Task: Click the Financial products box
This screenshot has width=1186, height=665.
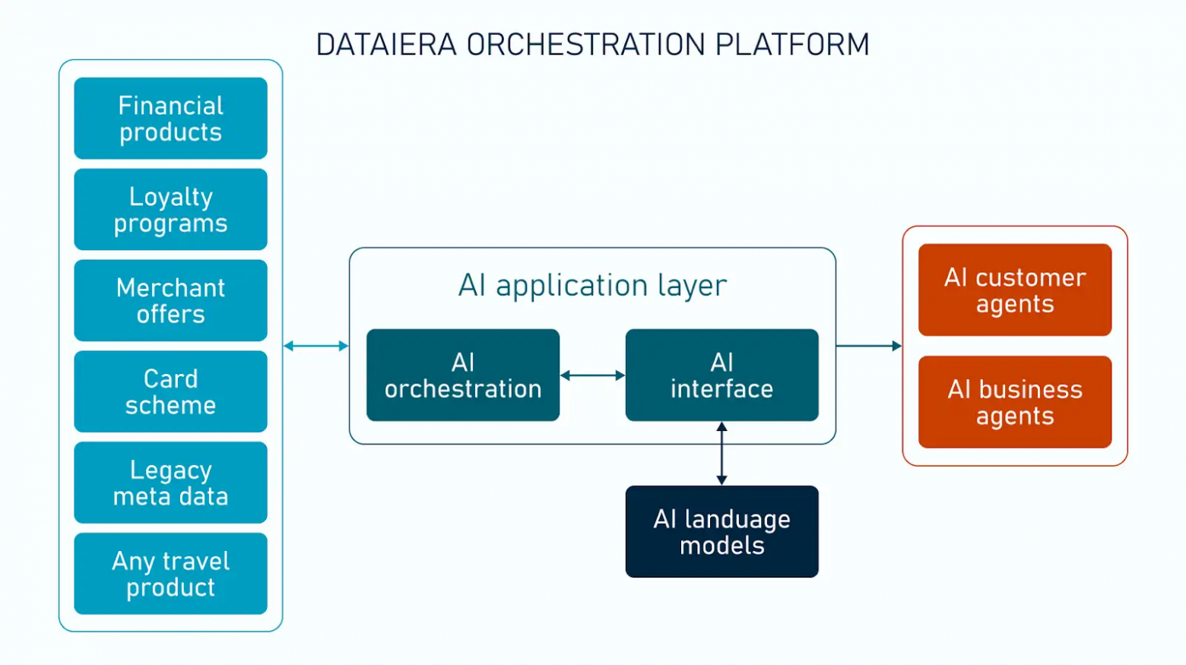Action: [x=170, y=119]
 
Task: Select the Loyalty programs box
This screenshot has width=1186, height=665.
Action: [x=170, y=210]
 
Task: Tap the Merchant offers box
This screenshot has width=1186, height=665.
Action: [x=170, y=301]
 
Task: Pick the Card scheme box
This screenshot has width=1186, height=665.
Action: [x=170, y=391]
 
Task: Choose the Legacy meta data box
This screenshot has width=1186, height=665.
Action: [x=170, y=483]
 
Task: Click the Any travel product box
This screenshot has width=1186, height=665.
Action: [x=170, y=574]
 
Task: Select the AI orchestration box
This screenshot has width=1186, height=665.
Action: [x=462, y=375]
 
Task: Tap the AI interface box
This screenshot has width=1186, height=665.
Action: [x=721, y=375]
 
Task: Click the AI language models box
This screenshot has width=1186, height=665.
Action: [x=721, y=532]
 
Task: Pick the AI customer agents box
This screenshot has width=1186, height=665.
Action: [x=1014, y=290]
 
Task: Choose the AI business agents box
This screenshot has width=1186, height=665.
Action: [x=1014, y=402]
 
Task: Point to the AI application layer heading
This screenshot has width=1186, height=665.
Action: [x=592, y=286]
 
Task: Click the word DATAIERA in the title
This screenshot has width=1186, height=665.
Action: [x=385, y=45]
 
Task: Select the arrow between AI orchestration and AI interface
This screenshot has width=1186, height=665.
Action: [x=592, y=375]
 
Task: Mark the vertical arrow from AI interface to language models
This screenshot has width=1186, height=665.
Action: [x=721, y=454]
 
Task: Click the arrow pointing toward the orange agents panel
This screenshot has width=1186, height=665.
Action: [x=868, y=346]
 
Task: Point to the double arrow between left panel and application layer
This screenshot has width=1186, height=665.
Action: [x=316, y=346]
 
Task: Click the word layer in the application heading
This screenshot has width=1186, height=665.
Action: [x=692, y=286]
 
